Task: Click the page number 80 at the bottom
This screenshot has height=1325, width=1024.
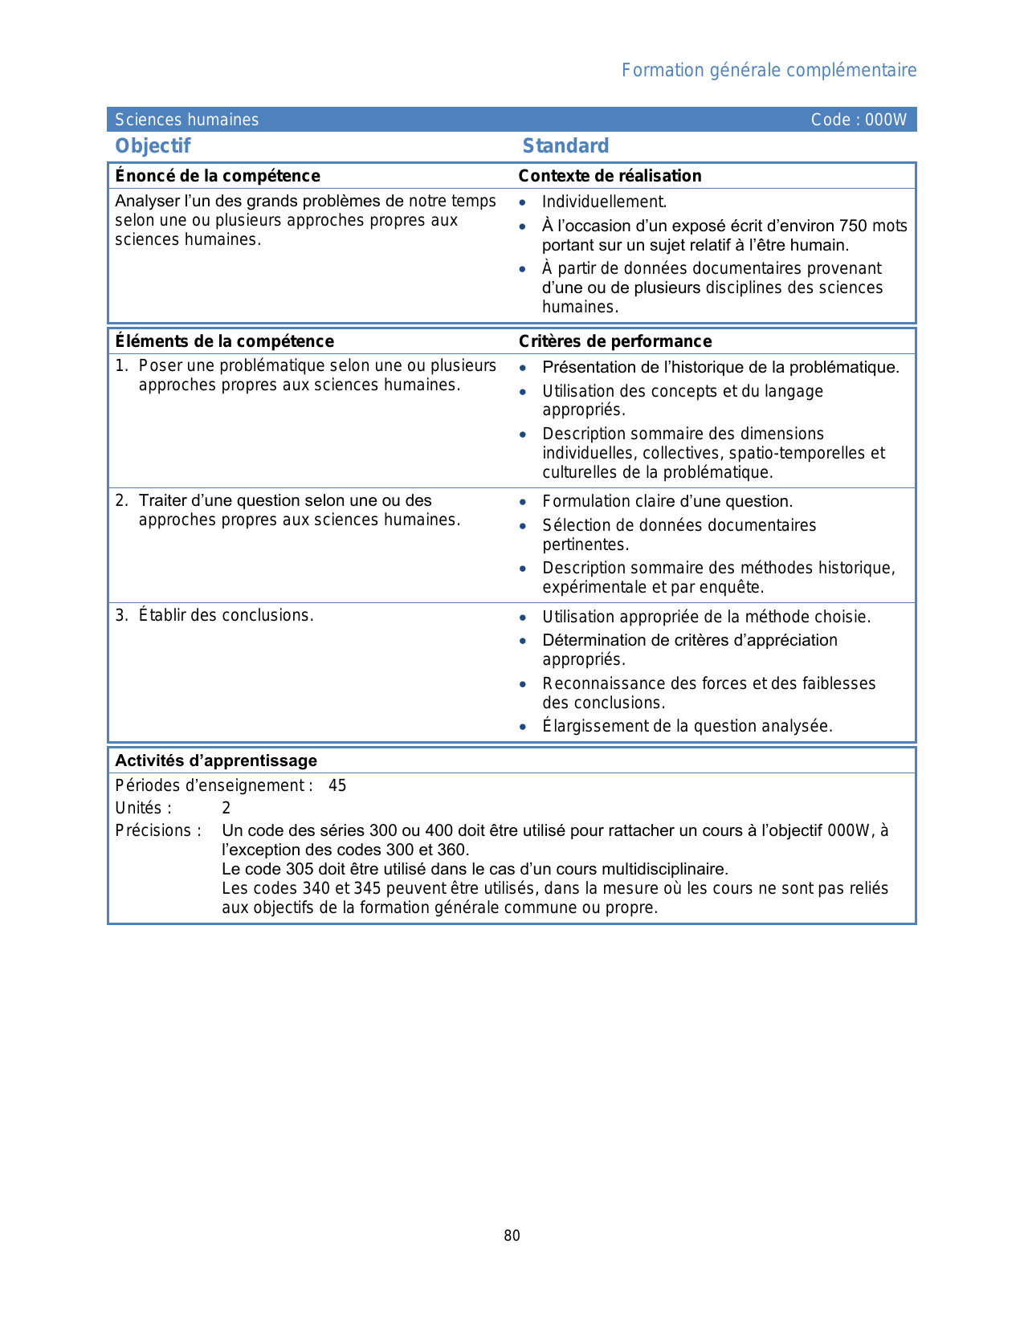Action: [x=512, y=1236]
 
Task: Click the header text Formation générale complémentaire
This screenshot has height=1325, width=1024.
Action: [x=769, y=71]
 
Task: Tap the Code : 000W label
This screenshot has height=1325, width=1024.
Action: [x=858, y=120]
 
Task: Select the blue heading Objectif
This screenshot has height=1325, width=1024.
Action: [x=153, y=146]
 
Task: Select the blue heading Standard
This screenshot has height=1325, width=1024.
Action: [x=565, y=146]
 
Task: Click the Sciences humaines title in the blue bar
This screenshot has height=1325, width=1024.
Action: [x=186, y=120]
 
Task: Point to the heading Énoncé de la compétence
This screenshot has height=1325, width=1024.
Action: [x=217, y=176]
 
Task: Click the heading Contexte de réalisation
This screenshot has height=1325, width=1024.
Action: [x=610, y=176]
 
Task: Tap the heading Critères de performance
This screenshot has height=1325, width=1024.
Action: [x=614, y=341]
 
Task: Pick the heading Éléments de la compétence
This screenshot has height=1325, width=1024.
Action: [x=224, y=341]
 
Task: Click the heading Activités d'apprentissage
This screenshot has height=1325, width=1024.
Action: [x=216, y=760]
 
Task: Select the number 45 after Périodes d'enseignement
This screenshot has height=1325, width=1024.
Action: [x=337, y=785]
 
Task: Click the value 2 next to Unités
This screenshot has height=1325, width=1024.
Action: [x=226, y=808]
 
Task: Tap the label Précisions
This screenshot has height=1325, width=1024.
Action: [x=157, y=830]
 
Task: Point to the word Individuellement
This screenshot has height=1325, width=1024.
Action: [x=604, y=202]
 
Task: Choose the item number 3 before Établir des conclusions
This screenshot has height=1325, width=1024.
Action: [x=120, y=615]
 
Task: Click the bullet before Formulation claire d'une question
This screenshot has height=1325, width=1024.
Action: [x=523, y=502]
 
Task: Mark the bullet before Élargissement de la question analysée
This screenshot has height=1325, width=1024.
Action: [x=523, y=727]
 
